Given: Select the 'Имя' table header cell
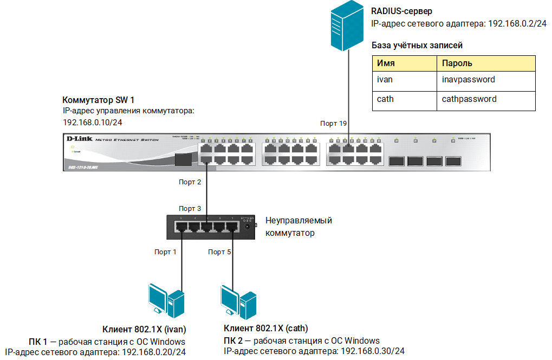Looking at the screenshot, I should (404, 63).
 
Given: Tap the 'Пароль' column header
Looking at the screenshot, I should (486, 63).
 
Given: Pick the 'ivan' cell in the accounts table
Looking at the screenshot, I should (404, 80).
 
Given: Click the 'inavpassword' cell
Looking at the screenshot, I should (486, 80).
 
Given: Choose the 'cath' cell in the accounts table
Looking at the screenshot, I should (404, 99).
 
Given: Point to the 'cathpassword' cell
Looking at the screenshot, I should (486, 99).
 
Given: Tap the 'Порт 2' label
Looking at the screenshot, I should (190, 182).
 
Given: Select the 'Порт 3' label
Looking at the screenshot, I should (190, 209).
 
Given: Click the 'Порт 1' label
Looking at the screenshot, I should (165, 252).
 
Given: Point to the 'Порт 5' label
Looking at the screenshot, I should (219, 252).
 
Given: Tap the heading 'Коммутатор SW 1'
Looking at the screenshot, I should (99, 100).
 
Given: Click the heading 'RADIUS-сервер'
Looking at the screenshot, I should (401, 11).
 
